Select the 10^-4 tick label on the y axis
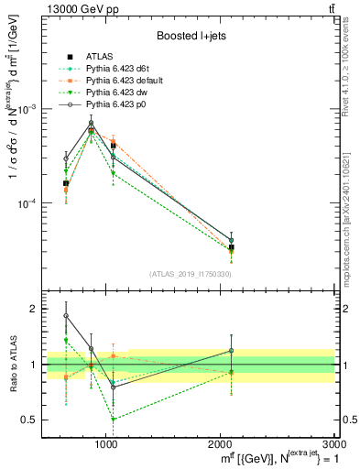(31, 203)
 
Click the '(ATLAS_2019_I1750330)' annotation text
(191, 274)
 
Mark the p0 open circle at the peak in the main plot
(91, 124)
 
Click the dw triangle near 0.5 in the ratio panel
(113, 420)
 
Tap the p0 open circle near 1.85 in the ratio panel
(66, 316)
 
